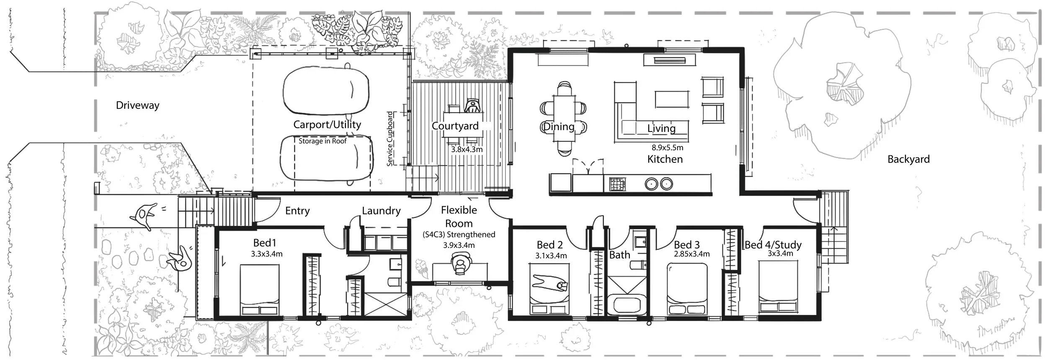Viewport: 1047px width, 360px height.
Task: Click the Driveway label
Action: [x=137, y=105]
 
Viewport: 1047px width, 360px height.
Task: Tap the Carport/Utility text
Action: [x=327, y=124]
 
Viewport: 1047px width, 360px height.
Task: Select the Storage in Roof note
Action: [x=322, y=141]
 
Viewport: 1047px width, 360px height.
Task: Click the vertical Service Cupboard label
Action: [x=390, y=139]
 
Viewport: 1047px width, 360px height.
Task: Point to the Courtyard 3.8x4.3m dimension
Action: [x=467, y=149]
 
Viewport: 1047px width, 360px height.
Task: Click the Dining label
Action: [x=559, y=126]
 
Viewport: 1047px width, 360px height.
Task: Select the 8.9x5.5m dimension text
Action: [x=667, y=148]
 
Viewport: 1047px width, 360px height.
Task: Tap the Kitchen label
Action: [x=665, y=159]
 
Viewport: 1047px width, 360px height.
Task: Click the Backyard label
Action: [x=908, y=159]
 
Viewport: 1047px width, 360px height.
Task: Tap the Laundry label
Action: [x=381, y=211]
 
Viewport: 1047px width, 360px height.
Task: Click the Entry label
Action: [x=297, y=211]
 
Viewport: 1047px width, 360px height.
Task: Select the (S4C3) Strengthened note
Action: [x=459, y=235]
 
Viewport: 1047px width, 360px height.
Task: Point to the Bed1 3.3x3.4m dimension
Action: [x=267, y=254]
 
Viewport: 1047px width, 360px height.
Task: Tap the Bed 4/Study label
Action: [x=773, y=245]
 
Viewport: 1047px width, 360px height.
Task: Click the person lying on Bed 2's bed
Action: [x=549, y=283]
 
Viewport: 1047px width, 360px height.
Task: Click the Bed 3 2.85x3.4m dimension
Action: [x=691, y=254]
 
